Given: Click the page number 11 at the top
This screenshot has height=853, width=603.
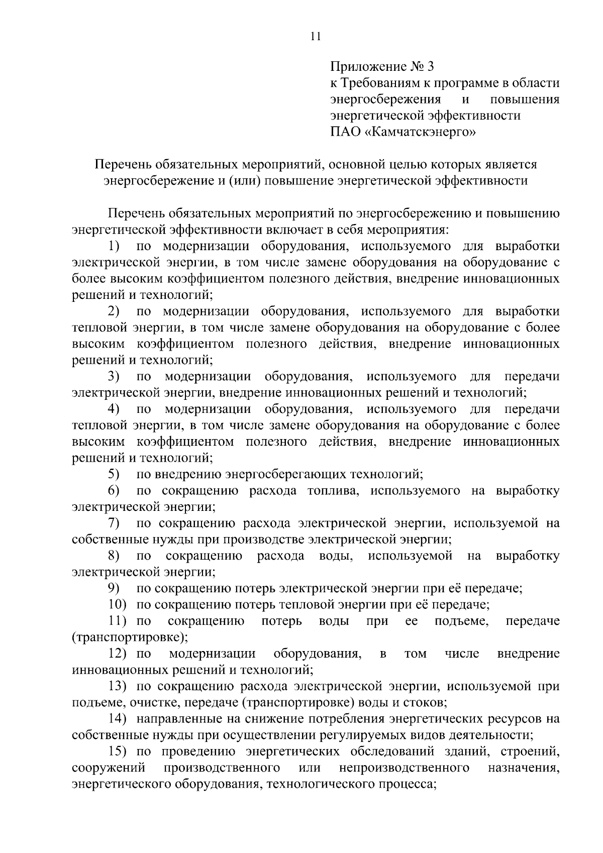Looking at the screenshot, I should coord(316,37).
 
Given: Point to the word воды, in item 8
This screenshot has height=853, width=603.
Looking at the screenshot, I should coord(335,556).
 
